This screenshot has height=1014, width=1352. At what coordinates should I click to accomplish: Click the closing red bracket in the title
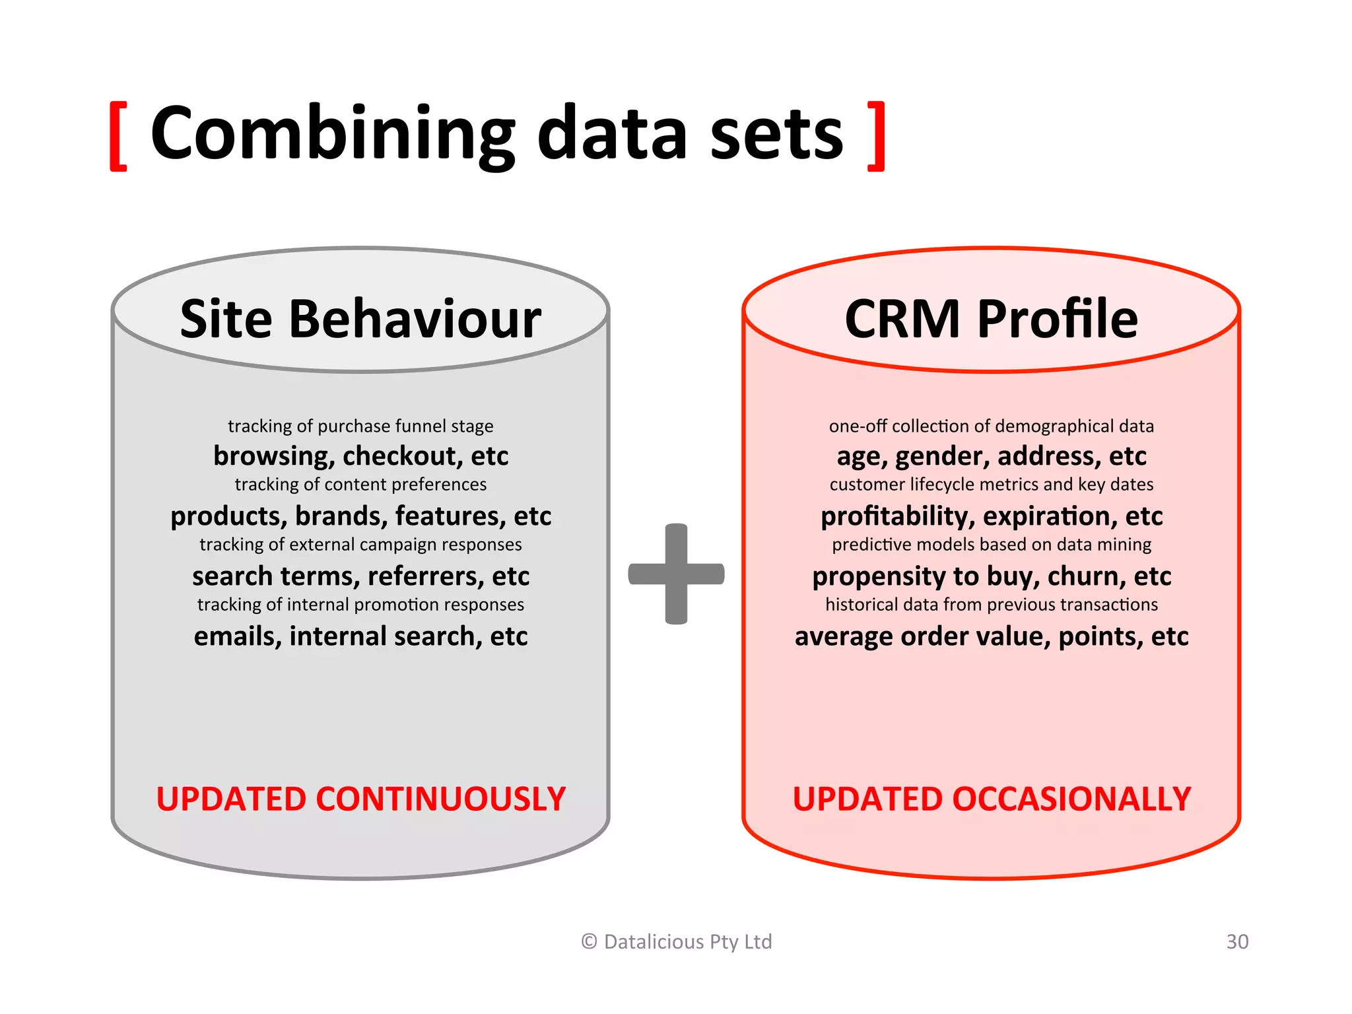click(876, 137)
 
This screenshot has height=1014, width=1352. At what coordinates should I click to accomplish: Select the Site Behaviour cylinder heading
click(360, 320)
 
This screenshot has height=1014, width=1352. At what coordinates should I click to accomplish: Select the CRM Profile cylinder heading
click(991, 320)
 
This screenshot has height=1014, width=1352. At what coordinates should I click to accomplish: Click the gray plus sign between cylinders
click(676, 574)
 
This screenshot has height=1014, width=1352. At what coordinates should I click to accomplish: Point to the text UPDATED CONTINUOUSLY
click(360, 799)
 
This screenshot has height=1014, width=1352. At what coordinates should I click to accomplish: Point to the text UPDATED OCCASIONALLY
click(992, 799)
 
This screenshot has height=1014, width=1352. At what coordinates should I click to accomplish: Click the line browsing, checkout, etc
click(360, 456)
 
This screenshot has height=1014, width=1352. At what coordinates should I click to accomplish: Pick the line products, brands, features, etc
click(360, 516)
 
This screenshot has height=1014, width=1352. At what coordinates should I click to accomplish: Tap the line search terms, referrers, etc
click(360, 576)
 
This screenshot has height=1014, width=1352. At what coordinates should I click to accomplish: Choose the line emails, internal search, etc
click(360, 636)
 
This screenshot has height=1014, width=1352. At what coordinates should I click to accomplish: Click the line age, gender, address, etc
click(991, 456)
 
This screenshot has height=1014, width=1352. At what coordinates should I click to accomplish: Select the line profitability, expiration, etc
click(991, 516)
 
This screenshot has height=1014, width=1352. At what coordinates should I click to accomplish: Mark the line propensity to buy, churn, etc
click(991, 576)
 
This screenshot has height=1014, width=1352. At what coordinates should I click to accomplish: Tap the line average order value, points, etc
click(991, 636)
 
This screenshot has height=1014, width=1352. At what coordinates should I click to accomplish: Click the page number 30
click(1237, 941)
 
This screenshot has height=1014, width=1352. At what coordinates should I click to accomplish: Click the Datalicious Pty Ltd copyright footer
click(676, 941)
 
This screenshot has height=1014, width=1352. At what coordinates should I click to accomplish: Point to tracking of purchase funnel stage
click(360, 426)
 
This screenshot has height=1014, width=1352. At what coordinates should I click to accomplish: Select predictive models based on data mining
click(991, 545)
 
